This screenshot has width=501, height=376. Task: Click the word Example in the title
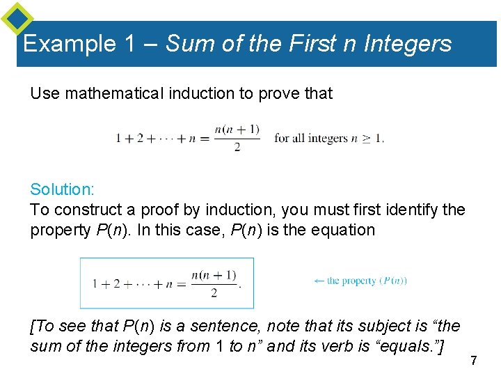click(70, 44)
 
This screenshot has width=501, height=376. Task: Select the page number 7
click(473, 361)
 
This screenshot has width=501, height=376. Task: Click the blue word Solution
click(61, 189)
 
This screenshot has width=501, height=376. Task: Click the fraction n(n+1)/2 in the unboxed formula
click(237, 138)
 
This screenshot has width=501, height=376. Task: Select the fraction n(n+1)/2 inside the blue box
click(214, 284)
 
